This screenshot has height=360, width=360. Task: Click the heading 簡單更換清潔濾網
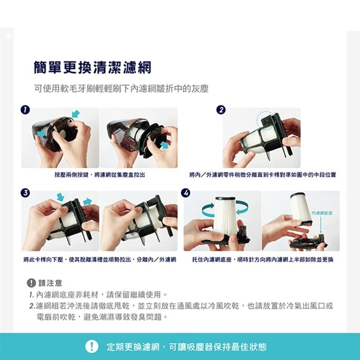click(93, 67)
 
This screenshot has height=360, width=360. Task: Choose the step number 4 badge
click(186, 192)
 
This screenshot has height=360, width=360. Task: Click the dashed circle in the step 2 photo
click(265, 121)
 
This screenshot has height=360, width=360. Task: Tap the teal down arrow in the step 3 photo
click(60, 197)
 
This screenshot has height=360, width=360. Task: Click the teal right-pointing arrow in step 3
click(87, 201)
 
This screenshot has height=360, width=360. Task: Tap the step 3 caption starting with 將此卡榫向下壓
click(99, 260)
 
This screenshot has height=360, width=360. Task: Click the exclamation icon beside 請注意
click(31, 283)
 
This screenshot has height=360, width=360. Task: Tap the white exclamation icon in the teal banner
click(92, 346)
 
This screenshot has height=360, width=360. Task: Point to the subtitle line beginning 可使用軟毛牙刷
click(121, 89)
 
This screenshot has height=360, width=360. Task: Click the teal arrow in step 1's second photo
click(165, 145)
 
